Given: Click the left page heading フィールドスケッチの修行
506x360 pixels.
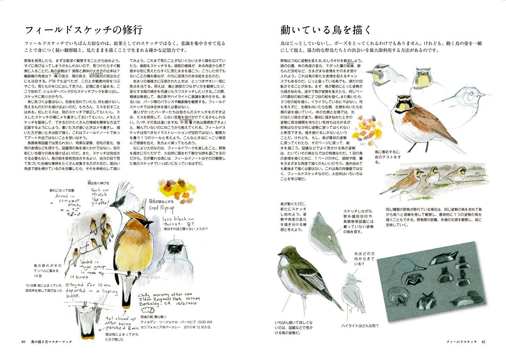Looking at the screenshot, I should tap(84, 30).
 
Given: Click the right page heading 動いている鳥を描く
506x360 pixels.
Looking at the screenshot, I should tap(326, 30).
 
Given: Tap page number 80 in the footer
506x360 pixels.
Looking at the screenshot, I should tap(23, 342).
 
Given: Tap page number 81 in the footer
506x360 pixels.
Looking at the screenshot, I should tap(483, 342).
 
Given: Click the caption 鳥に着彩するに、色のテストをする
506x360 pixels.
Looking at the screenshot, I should tap(387, 155).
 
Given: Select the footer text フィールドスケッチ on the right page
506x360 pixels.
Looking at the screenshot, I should tap(462, 342).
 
